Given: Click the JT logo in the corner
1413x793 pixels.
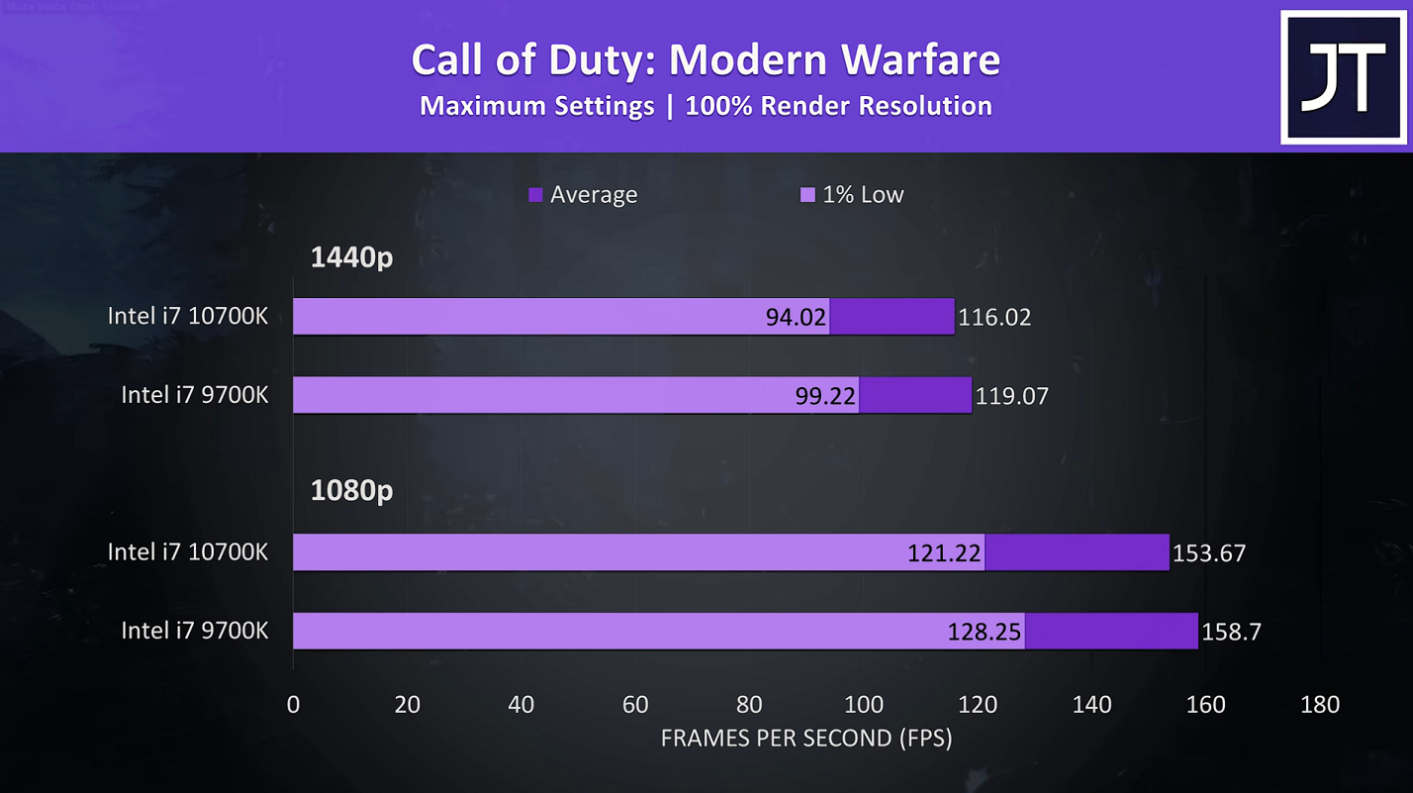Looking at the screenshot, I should [x=1342, y=77].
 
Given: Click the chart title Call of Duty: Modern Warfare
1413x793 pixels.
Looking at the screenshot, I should [x=706, y=59].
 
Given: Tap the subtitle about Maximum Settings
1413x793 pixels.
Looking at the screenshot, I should [x=706, y=106].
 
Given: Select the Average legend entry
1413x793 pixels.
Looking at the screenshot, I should [x=584, y=195].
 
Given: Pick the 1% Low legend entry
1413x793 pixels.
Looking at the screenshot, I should [x=852, y=195].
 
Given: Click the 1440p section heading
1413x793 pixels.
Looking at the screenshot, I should [x=351, y=257].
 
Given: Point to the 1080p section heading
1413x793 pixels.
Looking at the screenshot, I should [x=351, y=490].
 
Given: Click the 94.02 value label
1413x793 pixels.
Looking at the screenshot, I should [x=797, y=317].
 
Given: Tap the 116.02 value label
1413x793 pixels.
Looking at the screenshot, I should [x=994, y=317].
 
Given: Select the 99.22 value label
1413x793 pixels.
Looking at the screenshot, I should [x=826, y=396].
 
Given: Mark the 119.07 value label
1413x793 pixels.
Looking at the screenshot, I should [x=1011, y=396].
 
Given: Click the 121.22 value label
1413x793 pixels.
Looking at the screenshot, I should [x=944, y=552].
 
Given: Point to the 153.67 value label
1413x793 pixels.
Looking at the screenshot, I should [x=1208, y=552].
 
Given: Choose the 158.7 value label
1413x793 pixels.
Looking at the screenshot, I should [x=1231, y=631].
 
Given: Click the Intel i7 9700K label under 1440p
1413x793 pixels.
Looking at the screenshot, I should [x=194, y=394].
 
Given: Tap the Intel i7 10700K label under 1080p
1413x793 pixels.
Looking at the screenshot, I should [x=187, y=551].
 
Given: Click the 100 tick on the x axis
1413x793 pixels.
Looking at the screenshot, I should [x=864, y=705].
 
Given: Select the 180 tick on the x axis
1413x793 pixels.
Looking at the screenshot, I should [x=1320, y=705].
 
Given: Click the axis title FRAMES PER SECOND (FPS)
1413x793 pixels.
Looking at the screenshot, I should [x=805, y=739].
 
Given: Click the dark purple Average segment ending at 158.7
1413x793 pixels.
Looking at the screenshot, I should [x=1111, y=631].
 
